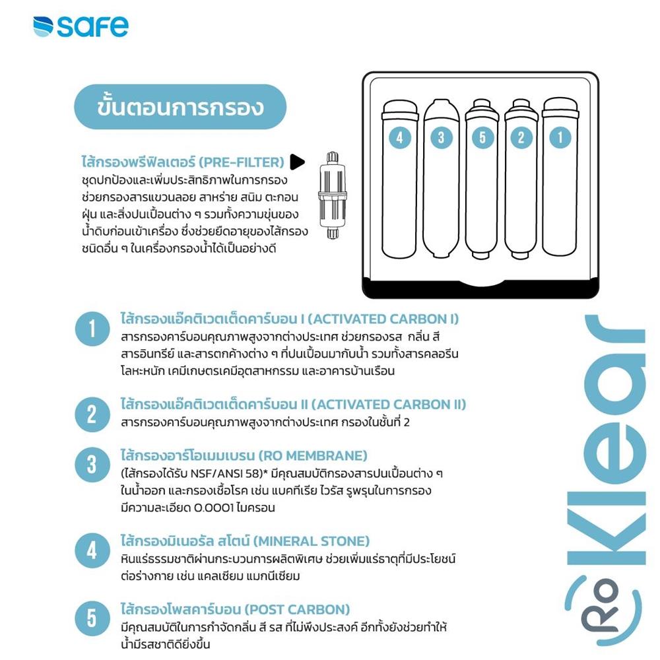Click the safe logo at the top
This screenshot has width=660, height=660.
click(x=81, y=26)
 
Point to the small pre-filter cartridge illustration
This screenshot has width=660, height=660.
click(x=331, y=196)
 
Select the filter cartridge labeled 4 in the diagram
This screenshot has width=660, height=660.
click(x=400, y=178)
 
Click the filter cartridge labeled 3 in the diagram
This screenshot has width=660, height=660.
click(x=441, y=178)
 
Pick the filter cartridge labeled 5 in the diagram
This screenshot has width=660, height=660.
click(x=482, y=178)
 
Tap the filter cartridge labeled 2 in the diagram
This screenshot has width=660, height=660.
click(x=521, y=178)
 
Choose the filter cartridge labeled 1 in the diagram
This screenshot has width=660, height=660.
click(x=561, y=178)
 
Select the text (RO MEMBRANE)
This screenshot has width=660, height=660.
click(x=312, y=456)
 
